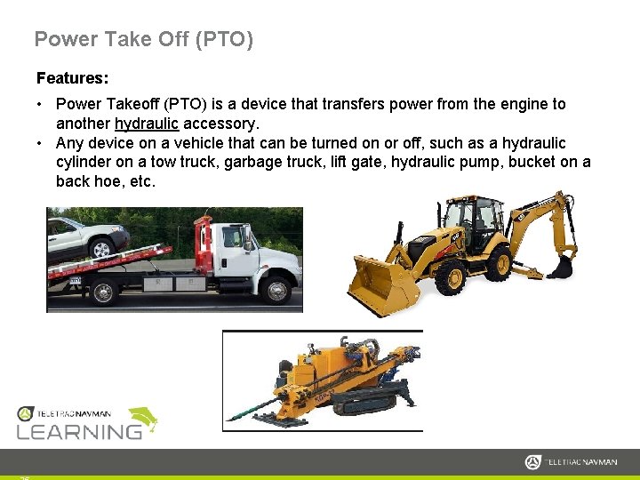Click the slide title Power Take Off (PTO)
tap(143, 39)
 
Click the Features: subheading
tap(72, 78)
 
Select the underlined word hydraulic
tap(147, 124)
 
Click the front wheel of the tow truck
tap(277, 290)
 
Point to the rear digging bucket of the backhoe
tap(561, 264)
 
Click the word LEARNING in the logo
tap(80, 431)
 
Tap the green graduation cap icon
tap(142, 419)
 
